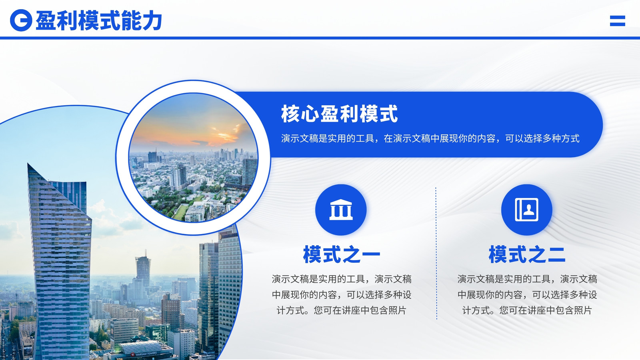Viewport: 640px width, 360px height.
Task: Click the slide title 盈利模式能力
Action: [x=99, y=20]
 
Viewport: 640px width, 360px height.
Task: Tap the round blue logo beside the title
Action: [x=21, y=20]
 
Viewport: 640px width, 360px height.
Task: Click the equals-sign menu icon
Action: [x=618, y=21]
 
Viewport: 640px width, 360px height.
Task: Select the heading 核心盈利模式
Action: [x=339, y=114]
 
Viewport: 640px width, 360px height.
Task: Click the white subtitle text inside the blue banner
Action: [x=430, y=138]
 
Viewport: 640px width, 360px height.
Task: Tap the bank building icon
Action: [x=341, y=210]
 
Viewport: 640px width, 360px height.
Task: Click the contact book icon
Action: [x=526, y=210]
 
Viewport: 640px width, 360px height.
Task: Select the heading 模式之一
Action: [x=342, y=254]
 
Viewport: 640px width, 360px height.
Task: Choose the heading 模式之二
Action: [x=527, y=254]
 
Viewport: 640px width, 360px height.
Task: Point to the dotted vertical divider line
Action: [x=436, y=253]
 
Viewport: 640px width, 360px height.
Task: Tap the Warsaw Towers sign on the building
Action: [x=144, y=354]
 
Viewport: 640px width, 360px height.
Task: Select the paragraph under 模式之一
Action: [x=342, y=294]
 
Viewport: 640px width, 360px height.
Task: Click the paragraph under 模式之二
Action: [x=527, y=294]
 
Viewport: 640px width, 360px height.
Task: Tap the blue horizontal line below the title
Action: [x=320, y=38]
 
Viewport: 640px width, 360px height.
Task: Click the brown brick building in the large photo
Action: [x=171, y=310]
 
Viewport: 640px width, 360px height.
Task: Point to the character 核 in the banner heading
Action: [x=290, y=114]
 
